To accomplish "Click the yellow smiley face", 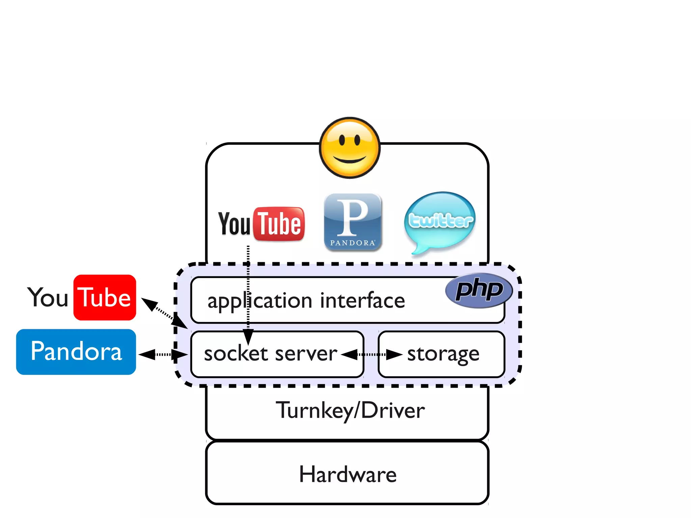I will click(350, 147).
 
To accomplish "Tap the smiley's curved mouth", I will click(350, 160).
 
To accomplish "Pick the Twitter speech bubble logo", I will click(440, 221).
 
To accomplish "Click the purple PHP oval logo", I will click(479, 290).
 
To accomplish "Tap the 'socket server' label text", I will click(270, 354).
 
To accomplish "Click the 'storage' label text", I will click(443, 354).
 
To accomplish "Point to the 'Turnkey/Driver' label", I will click(350, 411).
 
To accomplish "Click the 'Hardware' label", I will click(348, 474).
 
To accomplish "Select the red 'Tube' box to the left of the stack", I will click(105, 298).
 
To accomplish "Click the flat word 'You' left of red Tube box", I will click(48, 298).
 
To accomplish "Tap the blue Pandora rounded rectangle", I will click(76, 352).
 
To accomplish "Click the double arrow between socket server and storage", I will click(371, 355).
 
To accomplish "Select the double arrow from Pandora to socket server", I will click(163, 355).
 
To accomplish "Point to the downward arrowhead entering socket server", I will click(248, 337).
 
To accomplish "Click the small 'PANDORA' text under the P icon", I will click(352, 243).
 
